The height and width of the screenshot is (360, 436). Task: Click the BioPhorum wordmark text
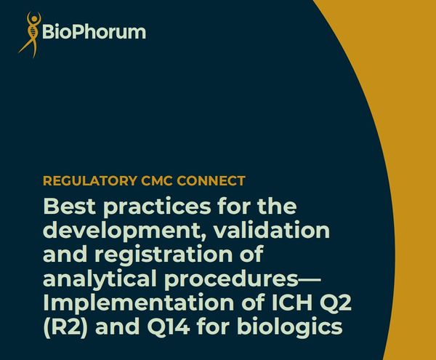[94, 32]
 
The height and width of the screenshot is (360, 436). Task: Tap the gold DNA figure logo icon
[31, 35]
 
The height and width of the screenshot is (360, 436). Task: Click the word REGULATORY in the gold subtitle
[90, 181]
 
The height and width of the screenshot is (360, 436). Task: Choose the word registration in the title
[164, 255]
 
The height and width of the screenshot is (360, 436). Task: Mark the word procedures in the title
[231, 279]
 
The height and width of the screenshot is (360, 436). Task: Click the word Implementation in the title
[139, 303]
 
